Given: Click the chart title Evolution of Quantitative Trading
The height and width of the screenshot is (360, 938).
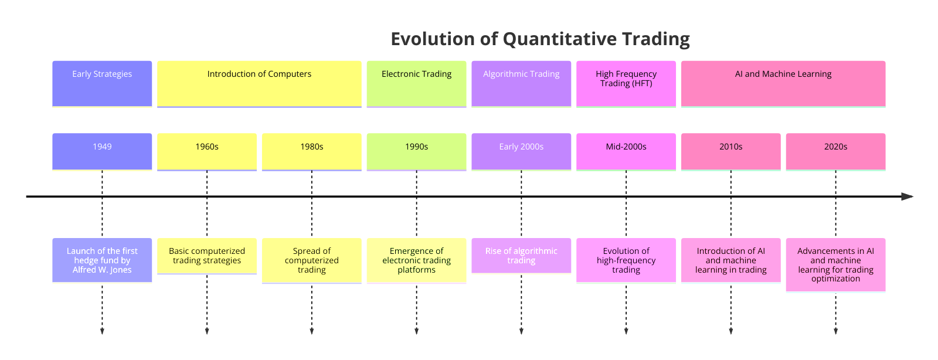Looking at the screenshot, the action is click(x=540, y=39).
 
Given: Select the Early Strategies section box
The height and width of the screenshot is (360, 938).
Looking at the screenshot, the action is click(x=102, y=84).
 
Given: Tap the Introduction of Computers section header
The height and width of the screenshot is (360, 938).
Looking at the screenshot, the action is click(x=259, y=84).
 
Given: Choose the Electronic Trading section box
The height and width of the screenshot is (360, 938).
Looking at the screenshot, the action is click(x=417, y=84).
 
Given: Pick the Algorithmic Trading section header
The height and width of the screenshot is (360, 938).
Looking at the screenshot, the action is click(x=521, y=84).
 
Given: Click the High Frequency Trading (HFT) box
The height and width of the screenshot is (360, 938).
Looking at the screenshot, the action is click(x=626, y=84).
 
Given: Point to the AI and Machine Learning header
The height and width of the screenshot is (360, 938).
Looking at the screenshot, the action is click(x=783, y=84).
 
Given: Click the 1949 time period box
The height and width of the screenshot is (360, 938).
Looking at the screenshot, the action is click(x=102, y=152).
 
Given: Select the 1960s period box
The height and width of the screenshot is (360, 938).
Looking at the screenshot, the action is click(x=207, y=152).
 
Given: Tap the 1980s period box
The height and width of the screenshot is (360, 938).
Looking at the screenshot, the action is click(x=312, y=152).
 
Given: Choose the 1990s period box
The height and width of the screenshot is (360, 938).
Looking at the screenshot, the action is click(x=417, y=152).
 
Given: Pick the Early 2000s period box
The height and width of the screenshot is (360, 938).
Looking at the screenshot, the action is click(x=521, y=152).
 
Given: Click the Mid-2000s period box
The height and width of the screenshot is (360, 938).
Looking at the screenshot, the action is click(x=626, y=152).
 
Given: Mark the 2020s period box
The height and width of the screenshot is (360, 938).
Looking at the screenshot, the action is click(x=836, y=152).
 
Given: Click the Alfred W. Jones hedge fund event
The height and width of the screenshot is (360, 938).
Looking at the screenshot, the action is click(x=102, y=260).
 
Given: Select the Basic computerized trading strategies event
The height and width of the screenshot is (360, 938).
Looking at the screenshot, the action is click(x=207, y=256).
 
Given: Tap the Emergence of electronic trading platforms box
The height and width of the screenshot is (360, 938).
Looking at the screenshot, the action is click(x=417, y=261).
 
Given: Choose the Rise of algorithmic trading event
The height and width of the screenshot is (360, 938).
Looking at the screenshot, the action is click(x=521, y=256).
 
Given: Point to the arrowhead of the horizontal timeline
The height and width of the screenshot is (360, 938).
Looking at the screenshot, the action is click(x=908, y=196).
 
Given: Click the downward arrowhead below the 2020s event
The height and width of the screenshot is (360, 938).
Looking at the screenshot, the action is click(x=836, y=331).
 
